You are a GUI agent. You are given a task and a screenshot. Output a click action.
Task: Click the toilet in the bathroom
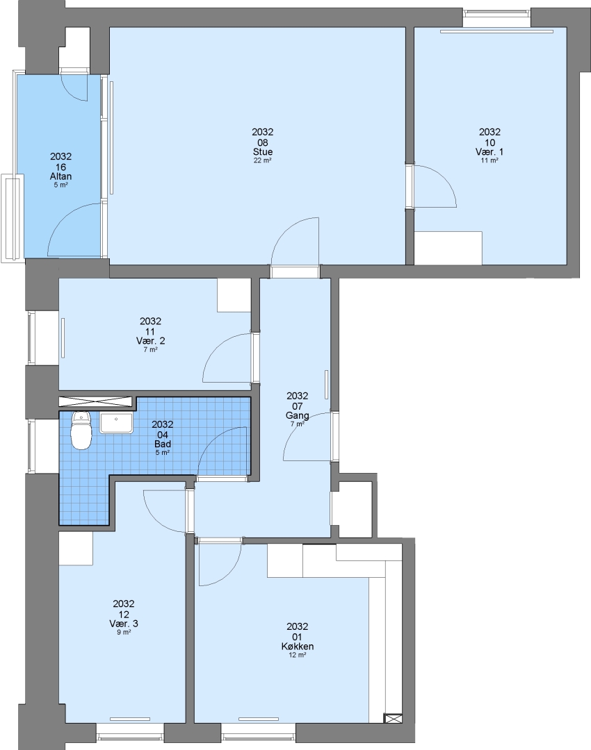[x=81, y=430]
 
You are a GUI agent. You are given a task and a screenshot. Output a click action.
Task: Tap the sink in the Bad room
[x=116, y=424]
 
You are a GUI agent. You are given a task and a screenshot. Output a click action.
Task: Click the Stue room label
[x=263, y=151]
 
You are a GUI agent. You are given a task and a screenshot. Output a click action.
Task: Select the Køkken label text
[x=298, y=647]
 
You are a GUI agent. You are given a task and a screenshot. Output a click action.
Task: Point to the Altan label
[x=60, y=176]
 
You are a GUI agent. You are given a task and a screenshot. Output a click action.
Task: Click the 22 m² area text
[x=263, y=160]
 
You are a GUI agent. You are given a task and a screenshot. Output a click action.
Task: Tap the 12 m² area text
[x=298, y=656]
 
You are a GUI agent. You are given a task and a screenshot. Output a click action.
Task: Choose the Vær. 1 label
[x=489, y=151]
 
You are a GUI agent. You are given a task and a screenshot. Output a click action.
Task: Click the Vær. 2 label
[x=150, y=340]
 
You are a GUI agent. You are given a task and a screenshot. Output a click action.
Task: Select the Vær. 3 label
[x=124, y=623]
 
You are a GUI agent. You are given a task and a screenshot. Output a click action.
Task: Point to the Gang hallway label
[x=298, y=415]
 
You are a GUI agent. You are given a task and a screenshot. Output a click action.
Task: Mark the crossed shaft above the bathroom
[x=95, y=401]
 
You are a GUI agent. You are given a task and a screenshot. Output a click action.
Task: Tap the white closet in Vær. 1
[x=448, y=248]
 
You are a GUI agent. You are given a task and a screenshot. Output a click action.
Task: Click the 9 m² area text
[x=124, y=633]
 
